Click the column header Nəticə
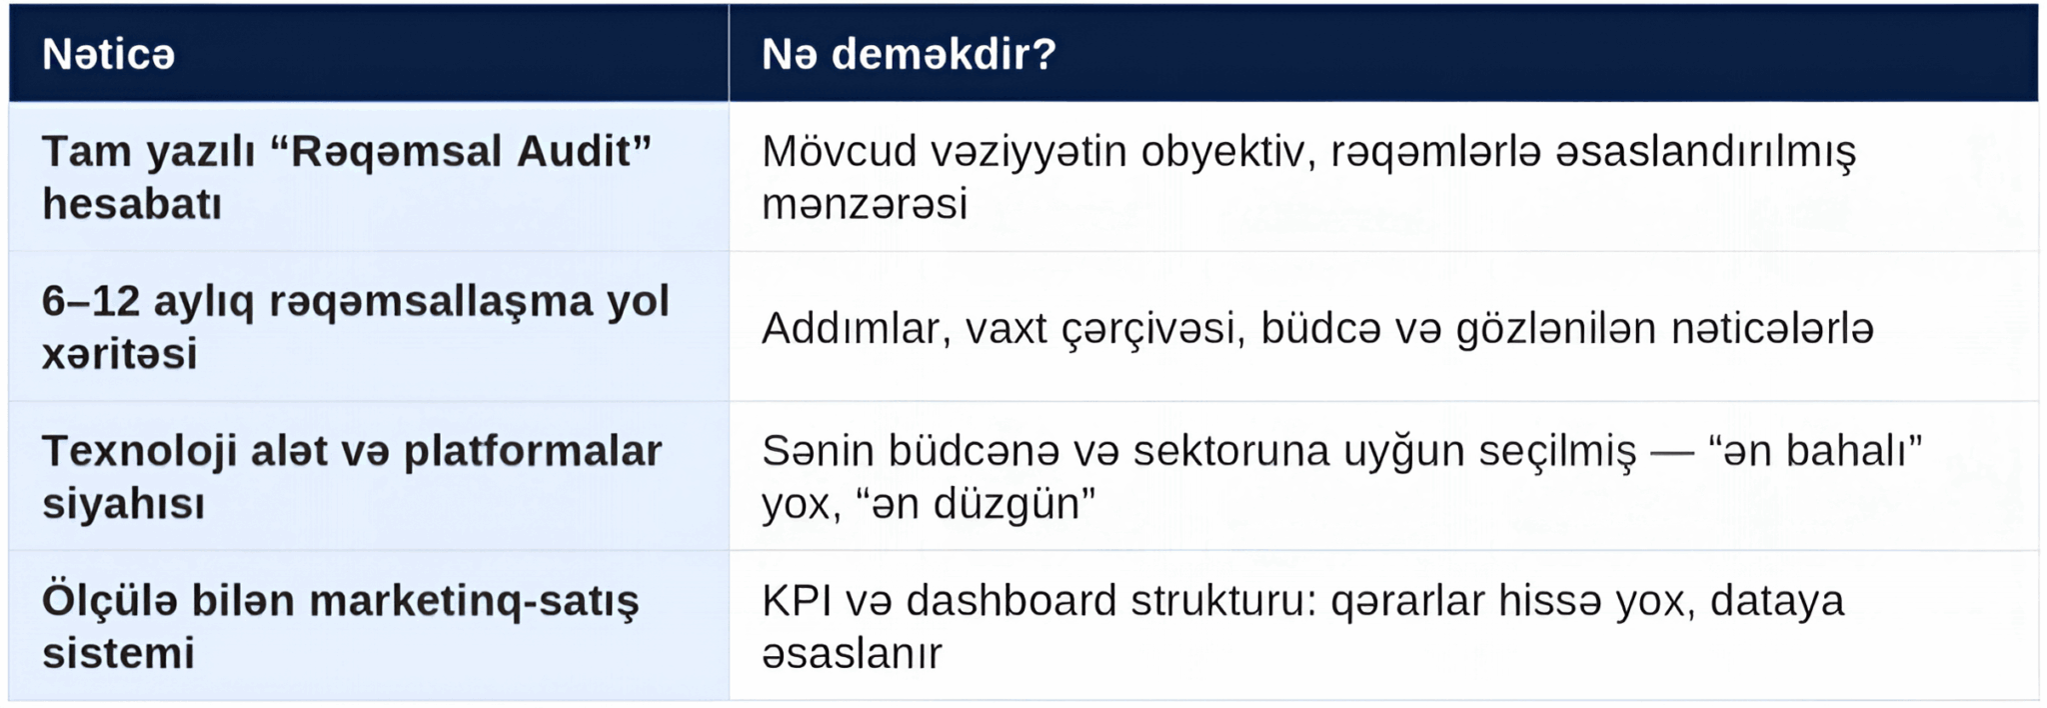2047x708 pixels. [108, 54]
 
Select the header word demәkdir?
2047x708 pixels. [944, 54]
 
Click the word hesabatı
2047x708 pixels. [132, 204]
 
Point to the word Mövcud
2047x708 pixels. [839, 151]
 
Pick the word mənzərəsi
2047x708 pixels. [865, 205]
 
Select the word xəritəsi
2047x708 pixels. [119, 354]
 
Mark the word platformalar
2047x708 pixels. [533, 451]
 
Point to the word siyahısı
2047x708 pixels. [123, 504]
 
